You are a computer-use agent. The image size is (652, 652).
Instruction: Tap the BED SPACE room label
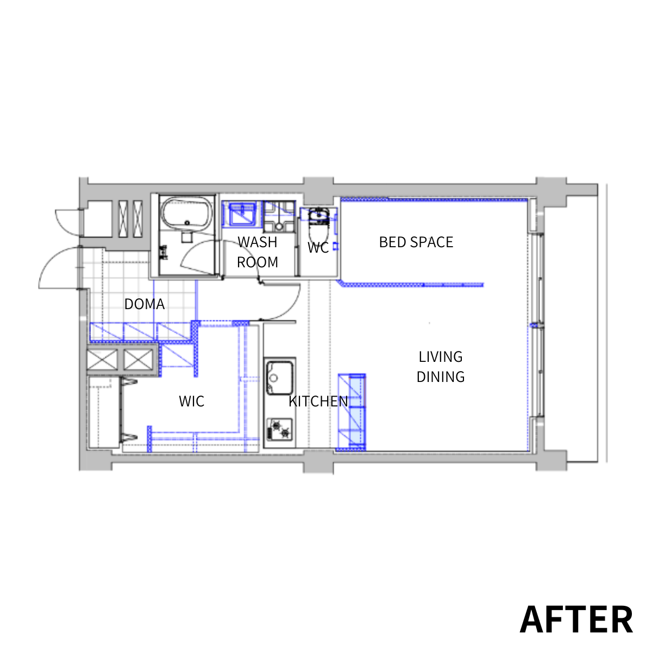tap(416, 242)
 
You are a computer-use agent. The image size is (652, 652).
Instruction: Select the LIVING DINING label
tap(441, 366)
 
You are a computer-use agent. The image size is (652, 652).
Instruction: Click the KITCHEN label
tap(318, 402)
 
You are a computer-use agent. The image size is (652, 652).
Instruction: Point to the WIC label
tap(191, 402)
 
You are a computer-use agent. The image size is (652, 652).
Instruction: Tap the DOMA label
tap(145, 304)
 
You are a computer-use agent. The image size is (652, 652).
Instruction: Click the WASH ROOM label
tap(258, 252)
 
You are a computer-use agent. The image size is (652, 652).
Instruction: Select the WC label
tap(318, 248)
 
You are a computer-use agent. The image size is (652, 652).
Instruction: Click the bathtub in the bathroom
tap(186, 213)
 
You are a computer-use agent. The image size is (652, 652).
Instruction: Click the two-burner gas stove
tap(279, 429)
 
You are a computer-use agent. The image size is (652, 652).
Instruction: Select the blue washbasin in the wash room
tap(242, 214)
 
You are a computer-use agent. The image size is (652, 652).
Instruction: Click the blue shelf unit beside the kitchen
tap(352, 412)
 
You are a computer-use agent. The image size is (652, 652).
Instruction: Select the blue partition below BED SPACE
tap(410, 285)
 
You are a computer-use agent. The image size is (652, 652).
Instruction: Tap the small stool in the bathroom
tap(186, 237)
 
